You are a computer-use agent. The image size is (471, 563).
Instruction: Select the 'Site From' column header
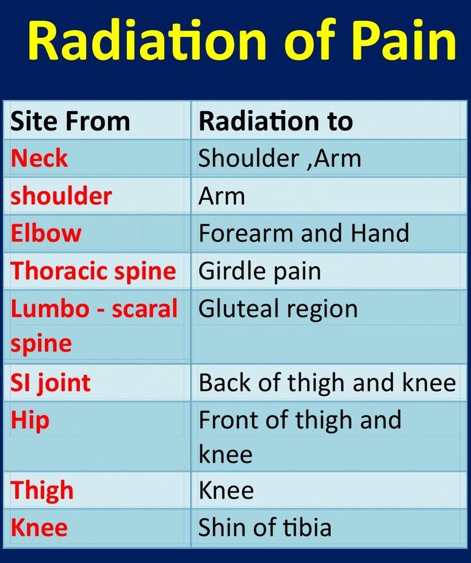coord(70,121)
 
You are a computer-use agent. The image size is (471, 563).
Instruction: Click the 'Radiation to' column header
coord(276,121)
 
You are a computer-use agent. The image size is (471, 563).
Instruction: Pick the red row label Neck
coord(39,158)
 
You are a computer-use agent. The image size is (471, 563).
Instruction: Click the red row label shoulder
coord(62,196)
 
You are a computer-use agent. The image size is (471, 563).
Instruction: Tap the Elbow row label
coord(46,233)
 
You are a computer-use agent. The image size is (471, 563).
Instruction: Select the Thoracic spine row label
coord(93,271)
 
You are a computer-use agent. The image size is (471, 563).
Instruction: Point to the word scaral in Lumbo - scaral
coord(145,308)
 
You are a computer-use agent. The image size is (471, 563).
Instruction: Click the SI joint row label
coord(51,382)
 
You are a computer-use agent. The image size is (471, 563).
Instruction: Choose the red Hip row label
coord(30,420)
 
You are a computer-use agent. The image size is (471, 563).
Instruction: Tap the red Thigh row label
coord(42,490)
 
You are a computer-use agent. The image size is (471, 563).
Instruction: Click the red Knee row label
coord(39,527)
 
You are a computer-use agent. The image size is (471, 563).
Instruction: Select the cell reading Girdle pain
coord(259,271)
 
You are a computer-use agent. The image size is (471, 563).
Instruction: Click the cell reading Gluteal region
coord(278,309)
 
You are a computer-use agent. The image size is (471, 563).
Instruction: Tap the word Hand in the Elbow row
coord(380,233)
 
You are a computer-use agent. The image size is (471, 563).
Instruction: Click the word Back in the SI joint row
coord(224,382)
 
